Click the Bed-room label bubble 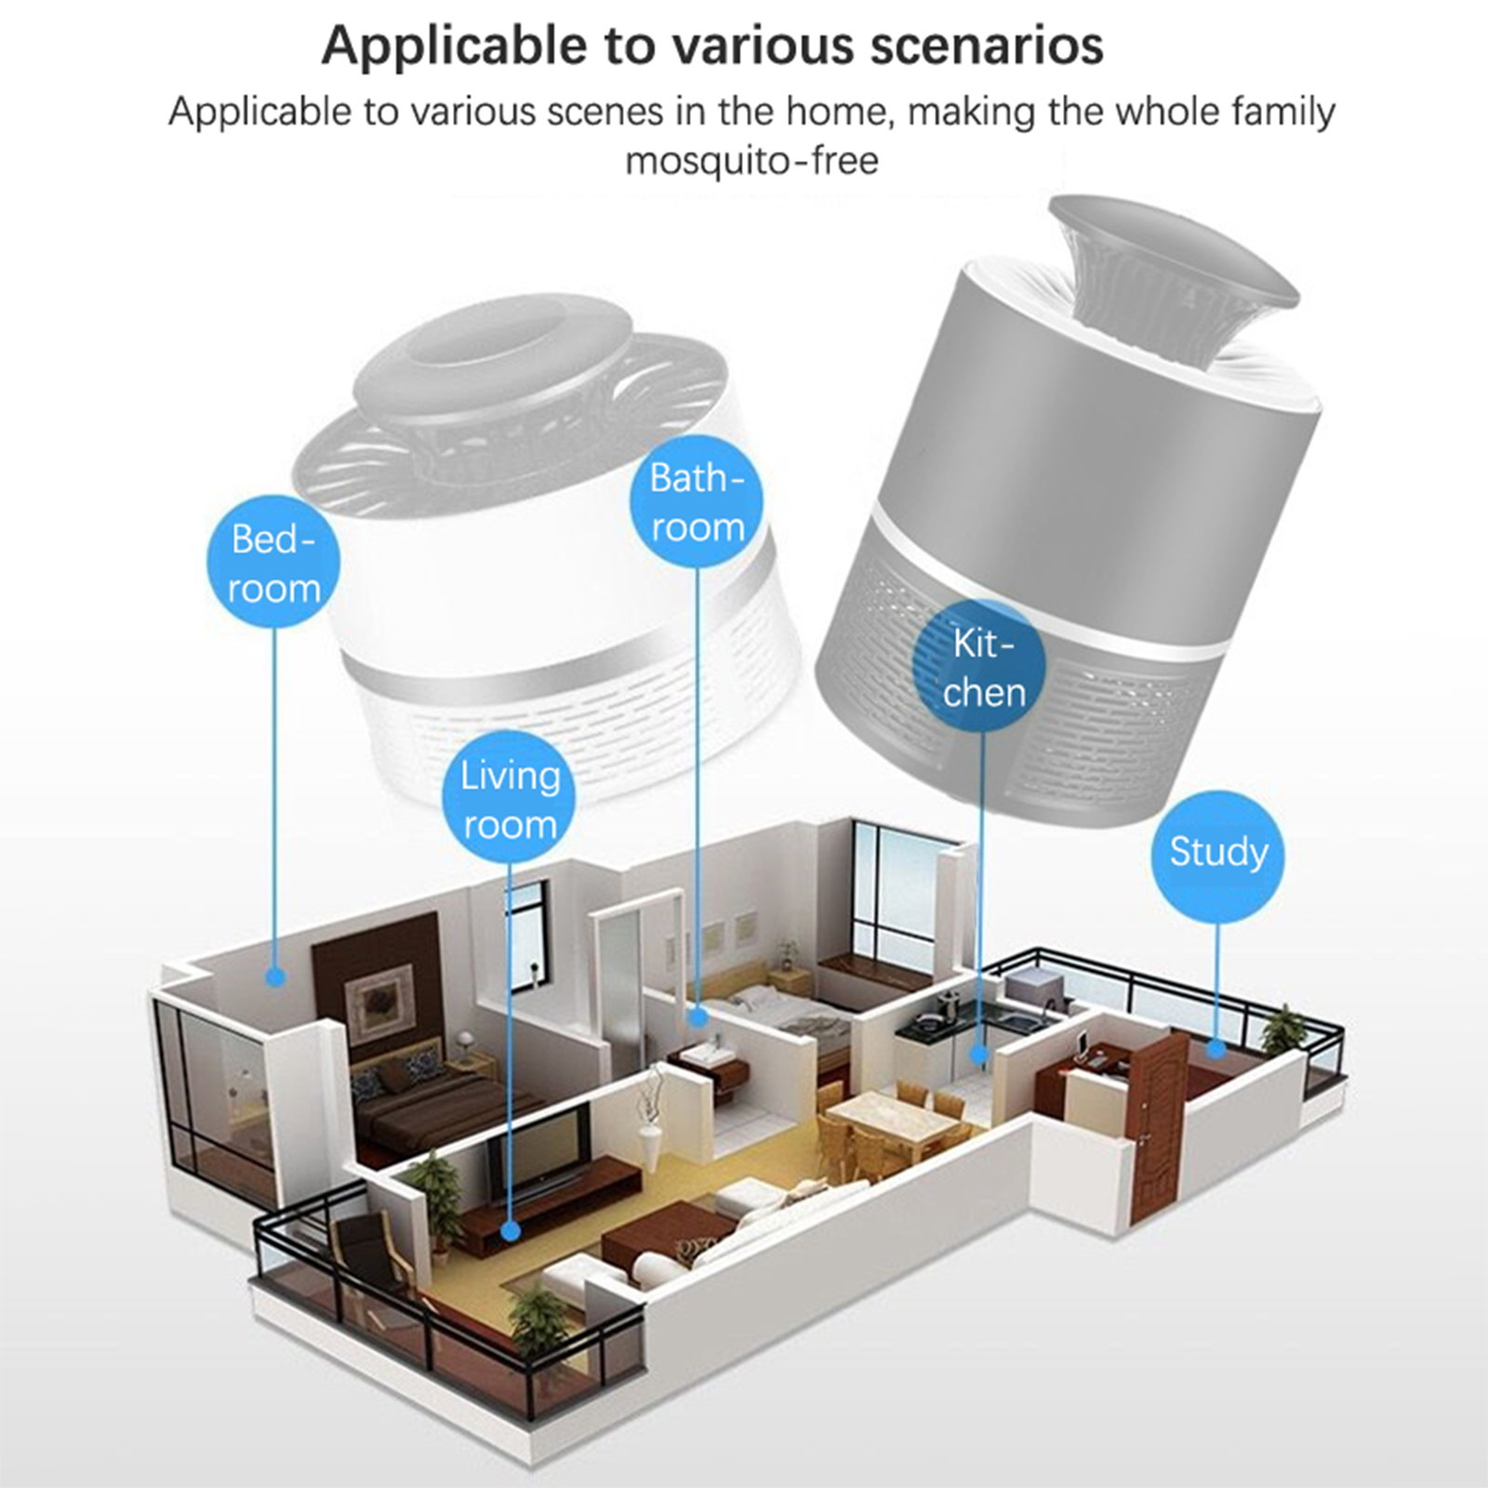pos(273,562)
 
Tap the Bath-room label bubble pos(697,501)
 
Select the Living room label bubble pos(510,798)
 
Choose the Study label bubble pos(1218,852)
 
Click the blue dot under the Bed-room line pos(274,976)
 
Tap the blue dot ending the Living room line pos(510,1230)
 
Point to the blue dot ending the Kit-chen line pos(978,1054)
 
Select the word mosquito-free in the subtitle pos(751,161)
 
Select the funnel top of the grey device pos(1174,279)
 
